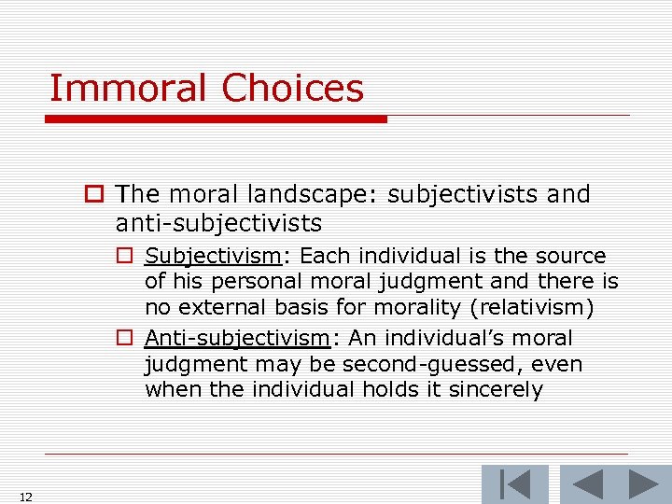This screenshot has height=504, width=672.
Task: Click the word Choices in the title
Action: tap(292, 89)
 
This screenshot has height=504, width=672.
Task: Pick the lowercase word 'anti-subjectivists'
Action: tap(218, 223)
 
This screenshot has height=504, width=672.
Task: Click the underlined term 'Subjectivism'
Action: tap(213, 256)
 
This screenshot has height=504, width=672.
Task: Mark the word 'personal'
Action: tap(236, 282)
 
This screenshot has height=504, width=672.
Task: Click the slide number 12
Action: tap(25, 497)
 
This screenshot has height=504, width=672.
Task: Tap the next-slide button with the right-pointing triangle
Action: tap(643, 484)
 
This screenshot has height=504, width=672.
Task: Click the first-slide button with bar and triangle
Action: tap(514, 484)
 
